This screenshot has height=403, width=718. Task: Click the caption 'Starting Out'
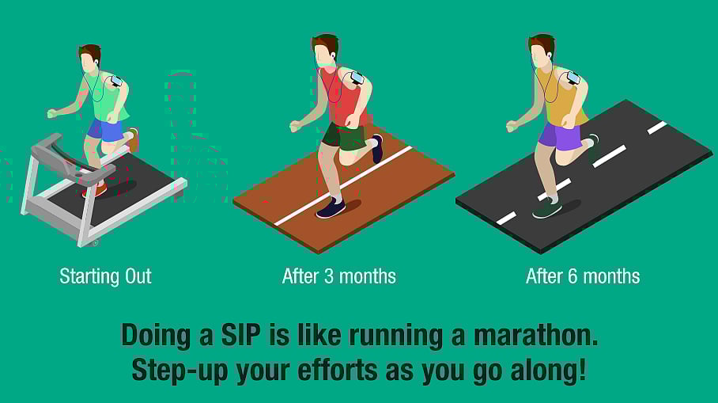pos(105,276)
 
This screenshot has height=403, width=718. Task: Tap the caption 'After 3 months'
pos(338,276)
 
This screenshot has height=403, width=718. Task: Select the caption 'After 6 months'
pos(582,276)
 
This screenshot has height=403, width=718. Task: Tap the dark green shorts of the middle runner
pos(345,136)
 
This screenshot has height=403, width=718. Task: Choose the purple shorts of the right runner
pos(560,135)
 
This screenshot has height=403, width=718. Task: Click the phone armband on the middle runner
pos(357,78)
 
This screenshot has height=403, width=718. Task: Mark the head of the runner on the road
pos(541,50)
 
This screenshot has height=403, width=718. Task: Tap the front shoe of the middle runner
pos(331,208)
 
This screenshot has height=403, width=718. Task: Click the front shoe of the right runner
pos(546,208)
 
